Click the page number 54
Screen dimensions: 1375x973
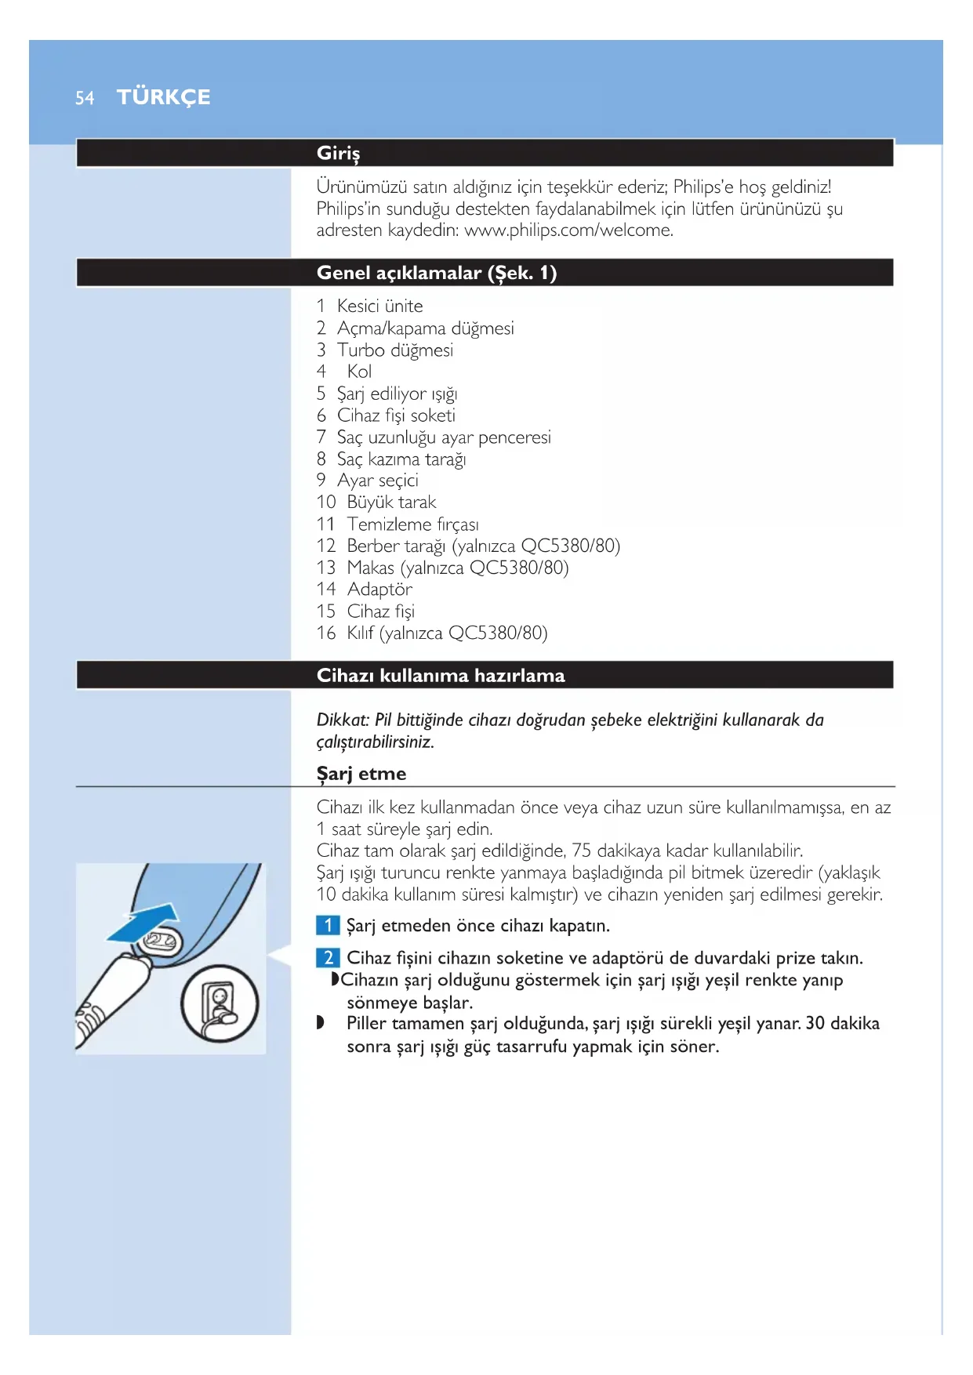tap(85, 98)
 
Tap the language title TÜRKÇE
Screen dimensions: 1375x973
tap(163, 97)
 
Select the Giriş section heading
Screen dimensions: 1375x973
tap(338, 153)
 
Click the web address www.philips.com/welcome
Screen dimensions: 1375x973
tap(568, 230)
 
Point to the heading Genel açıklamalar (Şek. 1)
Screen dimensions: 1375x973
tap(436, 273)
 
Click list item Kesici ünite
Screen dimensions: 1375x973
tap(379, 306)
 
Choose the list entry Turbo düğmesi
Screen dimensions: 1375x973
tap(394, 350)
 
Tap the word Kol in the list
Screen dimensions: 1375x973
tap(359, 372)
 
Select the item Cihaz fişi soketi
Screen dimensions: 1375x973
tap(396, 415)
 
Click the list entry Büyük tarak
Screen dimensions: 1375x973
tap(391, 502)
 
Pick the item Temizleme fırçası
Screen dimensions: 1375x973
tap(412, 524)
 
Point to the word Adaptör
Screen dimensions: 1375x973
tap(379, 590)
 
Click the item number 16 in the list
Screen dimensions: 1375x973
tap(326, 633)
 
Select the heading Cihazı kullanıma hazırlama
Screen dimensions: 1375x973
tap(440, 676)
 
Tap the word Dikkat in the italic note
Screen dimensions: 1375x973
tap(342, 720)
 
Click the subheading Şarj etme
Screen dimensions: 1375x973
tap(361, 774)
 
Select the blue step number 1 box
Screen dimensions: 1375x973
tap(328, 926)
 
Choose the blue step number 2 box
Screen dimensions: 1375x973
tap(328, 958)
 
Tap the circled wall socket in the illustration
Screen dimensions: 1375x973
tap(219, 1003)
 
